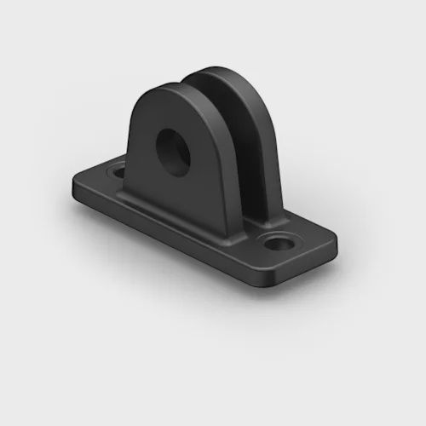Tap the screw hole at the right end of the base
pyautogui.click(x=275, y=245)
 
